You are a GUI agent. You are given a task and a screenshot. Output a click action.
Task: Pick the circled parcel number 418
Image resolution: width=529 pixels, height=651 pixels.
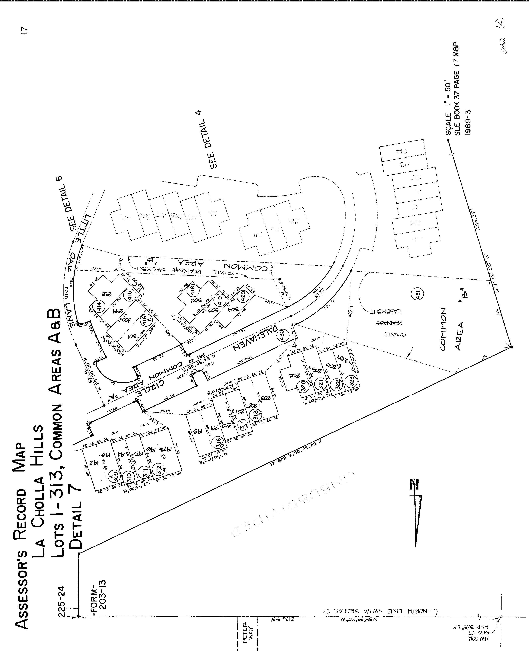pyautogui.click(x=193, y=289)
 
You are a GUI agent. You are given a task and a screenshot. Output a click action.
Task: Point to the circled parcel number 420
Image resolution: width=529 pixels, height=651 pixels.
pyautogui.click(x=243, y=295)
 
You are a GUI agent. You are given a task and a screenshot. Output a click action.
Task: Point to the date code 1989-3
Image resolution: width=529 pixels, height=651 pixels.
pyautogui.click(x=468, y=122)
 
